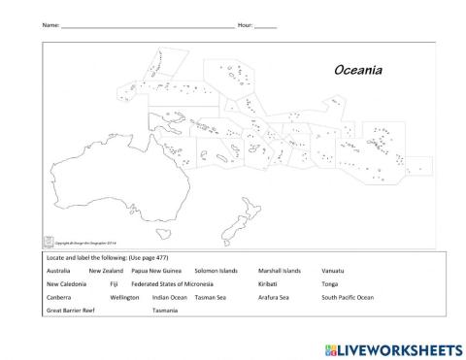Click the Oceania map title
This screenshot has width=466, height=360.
pyautogui.click(x=358, y=71)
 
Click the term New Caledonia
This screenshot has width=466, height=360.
pyautogui.click(x=66, y=284)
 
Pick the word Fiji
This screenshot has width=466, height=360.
pyautogui.click(x=115, y=284)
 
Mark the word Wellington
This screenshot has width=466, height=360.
pyautogui.click(x=125, y=297)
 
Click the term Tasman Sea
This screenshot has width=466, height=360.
pyautogui.click(x=210, y=297)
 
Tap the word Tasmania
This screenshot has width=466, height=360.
pyautogui.click(x=166, y=311)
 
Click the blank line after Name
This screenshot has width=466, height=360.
pyautogui.click(x=146, y=26)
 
